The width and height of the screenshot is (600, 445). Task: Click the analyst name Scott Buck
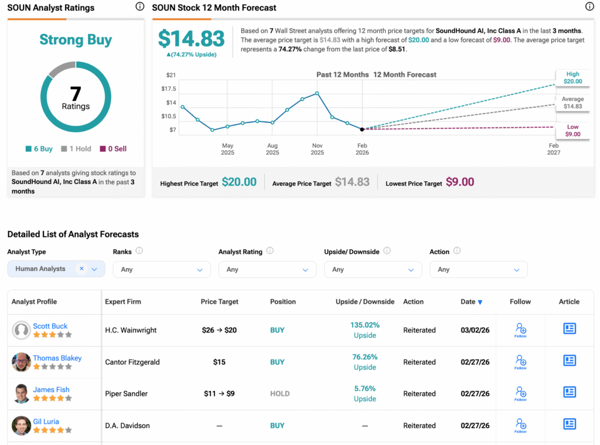50,326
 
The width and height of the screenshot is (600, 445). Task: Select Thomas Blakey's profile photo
21,362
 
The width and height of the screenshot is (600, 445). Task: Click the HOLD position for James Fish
279,394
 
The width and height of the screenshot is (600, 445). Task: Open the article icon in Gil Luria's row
569,424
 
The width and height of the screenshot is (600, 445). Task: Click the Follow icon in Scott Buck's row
520,329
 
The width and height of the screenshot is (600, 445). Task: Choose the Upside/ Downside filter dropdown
373,270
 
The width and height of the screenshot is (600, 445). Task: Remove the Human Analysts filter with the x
81,269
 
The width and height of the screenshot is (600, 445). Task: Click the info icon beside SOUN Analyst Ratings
139,7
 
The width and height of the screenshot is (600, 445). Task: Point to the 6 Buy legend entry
39,149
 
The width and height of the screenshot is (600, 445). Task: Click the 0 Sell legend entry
113,149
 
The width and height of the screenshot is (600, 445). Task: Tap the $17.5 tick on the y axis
168,89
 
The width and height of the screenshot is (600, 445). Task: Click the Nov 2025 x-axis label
317,149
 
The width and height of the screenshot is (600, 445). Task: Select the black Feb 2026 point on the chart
362,129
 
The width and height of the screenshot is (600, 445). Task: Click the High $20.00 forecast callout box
572,78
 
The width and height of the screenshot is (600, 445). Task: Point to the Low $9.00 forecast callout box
572,131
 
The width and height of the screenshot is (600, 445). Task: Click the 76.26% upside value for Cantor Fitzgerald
365,357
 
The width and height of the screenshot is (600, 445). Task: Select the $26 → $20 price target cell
219,330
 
